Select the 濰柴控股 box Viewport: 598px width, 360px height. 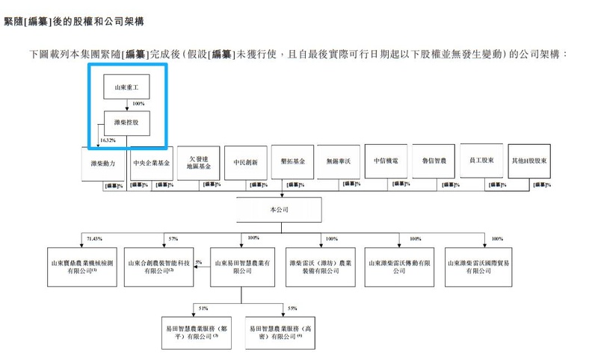click(x=126, y=124)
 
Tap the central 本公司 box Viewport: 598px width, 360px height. click(x=280, y=210)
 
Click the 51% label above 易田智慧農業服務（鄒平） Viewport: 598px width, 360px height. click(x=203, y=308)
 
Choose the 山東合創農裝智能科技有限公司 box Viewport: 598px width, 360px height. click(x=159, y=267)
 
